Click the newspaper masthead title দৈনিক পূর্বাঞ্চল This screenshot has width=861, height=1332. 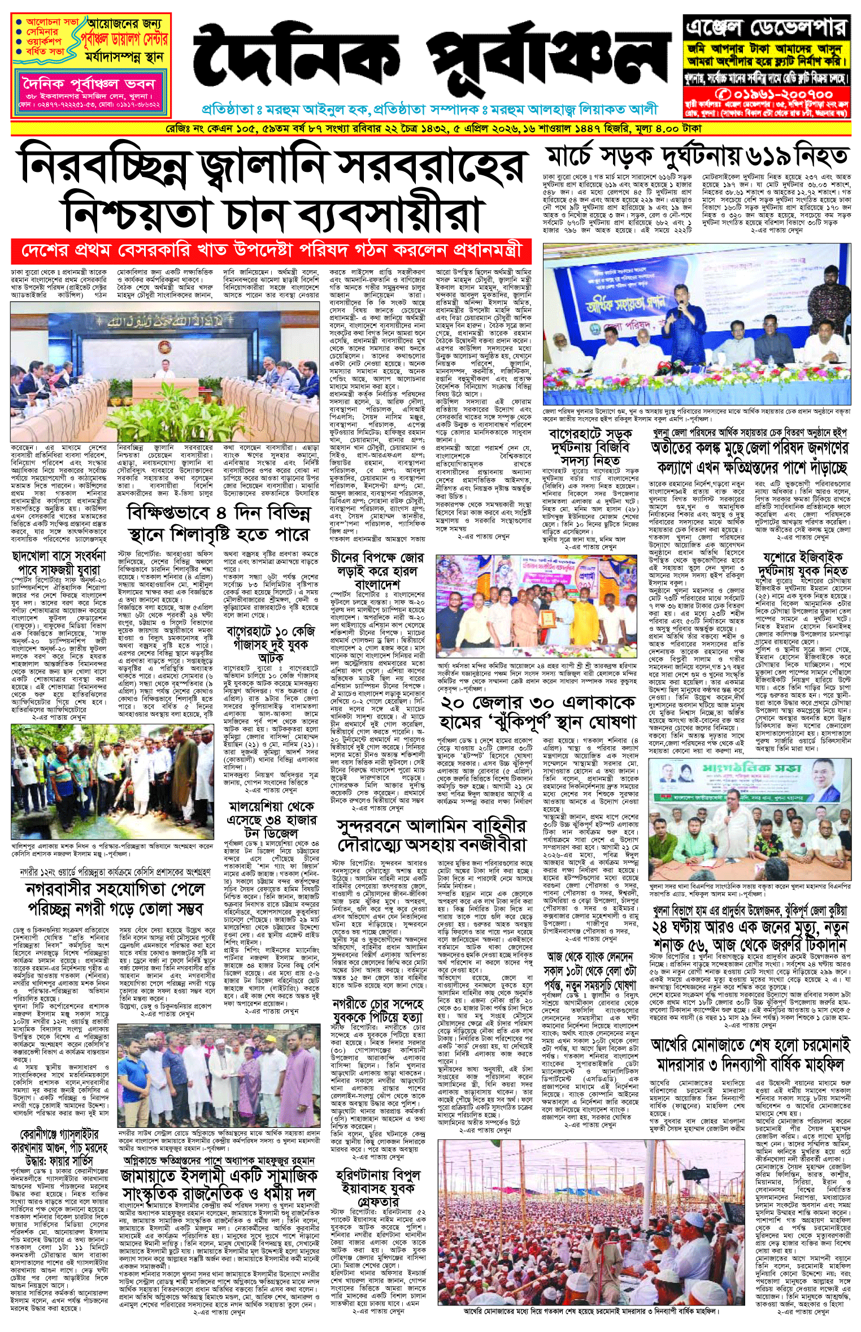pyautogui.click(x=429, y=59)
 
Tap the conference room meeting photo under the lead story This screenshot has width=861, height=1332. pyautogui.click(x=165, y=371)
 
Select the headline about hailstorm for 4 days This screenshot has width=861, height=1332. pyautogui.click(x=219, y=523)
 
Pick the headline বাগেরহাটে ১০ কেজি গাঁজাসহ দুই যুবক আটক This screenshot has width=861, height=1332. pyautogui.click(x=271, y=643)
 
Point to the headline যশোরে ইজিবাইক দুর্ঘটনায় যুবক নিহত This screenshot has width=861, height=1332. pyautogui.click(x=803, y=563)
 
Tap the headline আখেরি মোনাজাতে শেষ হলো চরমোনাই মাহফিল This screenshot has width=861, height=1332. pyautogui.click(x=750, y=1055)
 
